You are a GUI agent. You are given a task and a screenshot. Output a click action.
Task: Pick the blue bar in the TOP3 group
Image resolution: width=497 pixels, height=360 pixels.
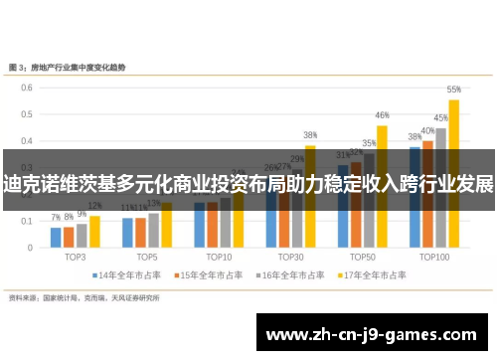click(57, 237)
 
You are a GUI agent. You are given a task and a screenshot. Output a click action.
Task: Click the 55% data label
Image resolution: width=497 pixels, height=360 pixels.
click(453, 89)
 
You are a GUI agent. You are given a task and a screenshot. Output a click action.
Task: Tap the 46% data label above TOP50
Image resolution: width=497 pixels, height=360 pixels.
click(382, 115)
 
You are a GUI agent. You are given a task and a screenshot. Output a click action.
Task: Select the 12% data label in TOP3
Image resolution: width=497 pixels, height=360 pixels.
click(95, 207)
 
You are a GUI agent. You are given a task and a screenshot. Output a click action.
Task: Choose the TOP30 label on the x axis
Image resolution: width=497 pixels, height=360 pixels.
click(290, 256)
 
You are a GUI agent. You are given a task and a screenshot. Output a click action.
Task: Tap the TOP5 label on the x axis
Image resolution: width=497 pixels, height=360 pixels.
click(147, 256)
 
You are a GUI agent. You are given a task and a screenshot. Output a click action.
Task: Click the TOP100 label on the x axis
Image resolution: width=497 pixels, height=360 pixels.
click(433, 256)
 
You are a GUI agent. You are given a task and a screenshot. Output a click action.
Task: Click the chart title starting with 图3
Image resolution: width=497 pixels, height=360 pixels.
click(81, 67)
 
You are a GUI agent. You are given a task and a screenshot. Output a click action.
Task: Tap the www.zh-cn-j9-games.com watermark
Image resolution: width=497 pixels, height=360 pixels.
click(374, 334)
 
